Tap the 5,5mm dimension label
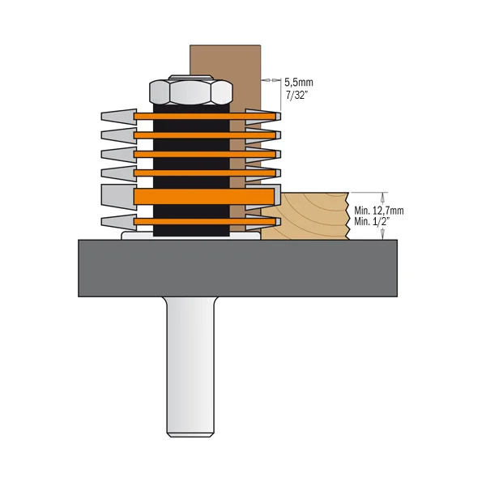[300, 82]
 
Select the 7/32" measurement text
[298, 95]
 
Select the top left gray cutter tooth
[117, 115]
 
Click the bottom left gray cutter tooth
[117, 221]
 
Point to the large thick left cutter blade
[117, 196]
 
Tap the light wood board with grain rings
[312, 215]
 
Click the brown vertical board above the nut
[225, 61]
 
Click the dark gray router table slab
[243, 267]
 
